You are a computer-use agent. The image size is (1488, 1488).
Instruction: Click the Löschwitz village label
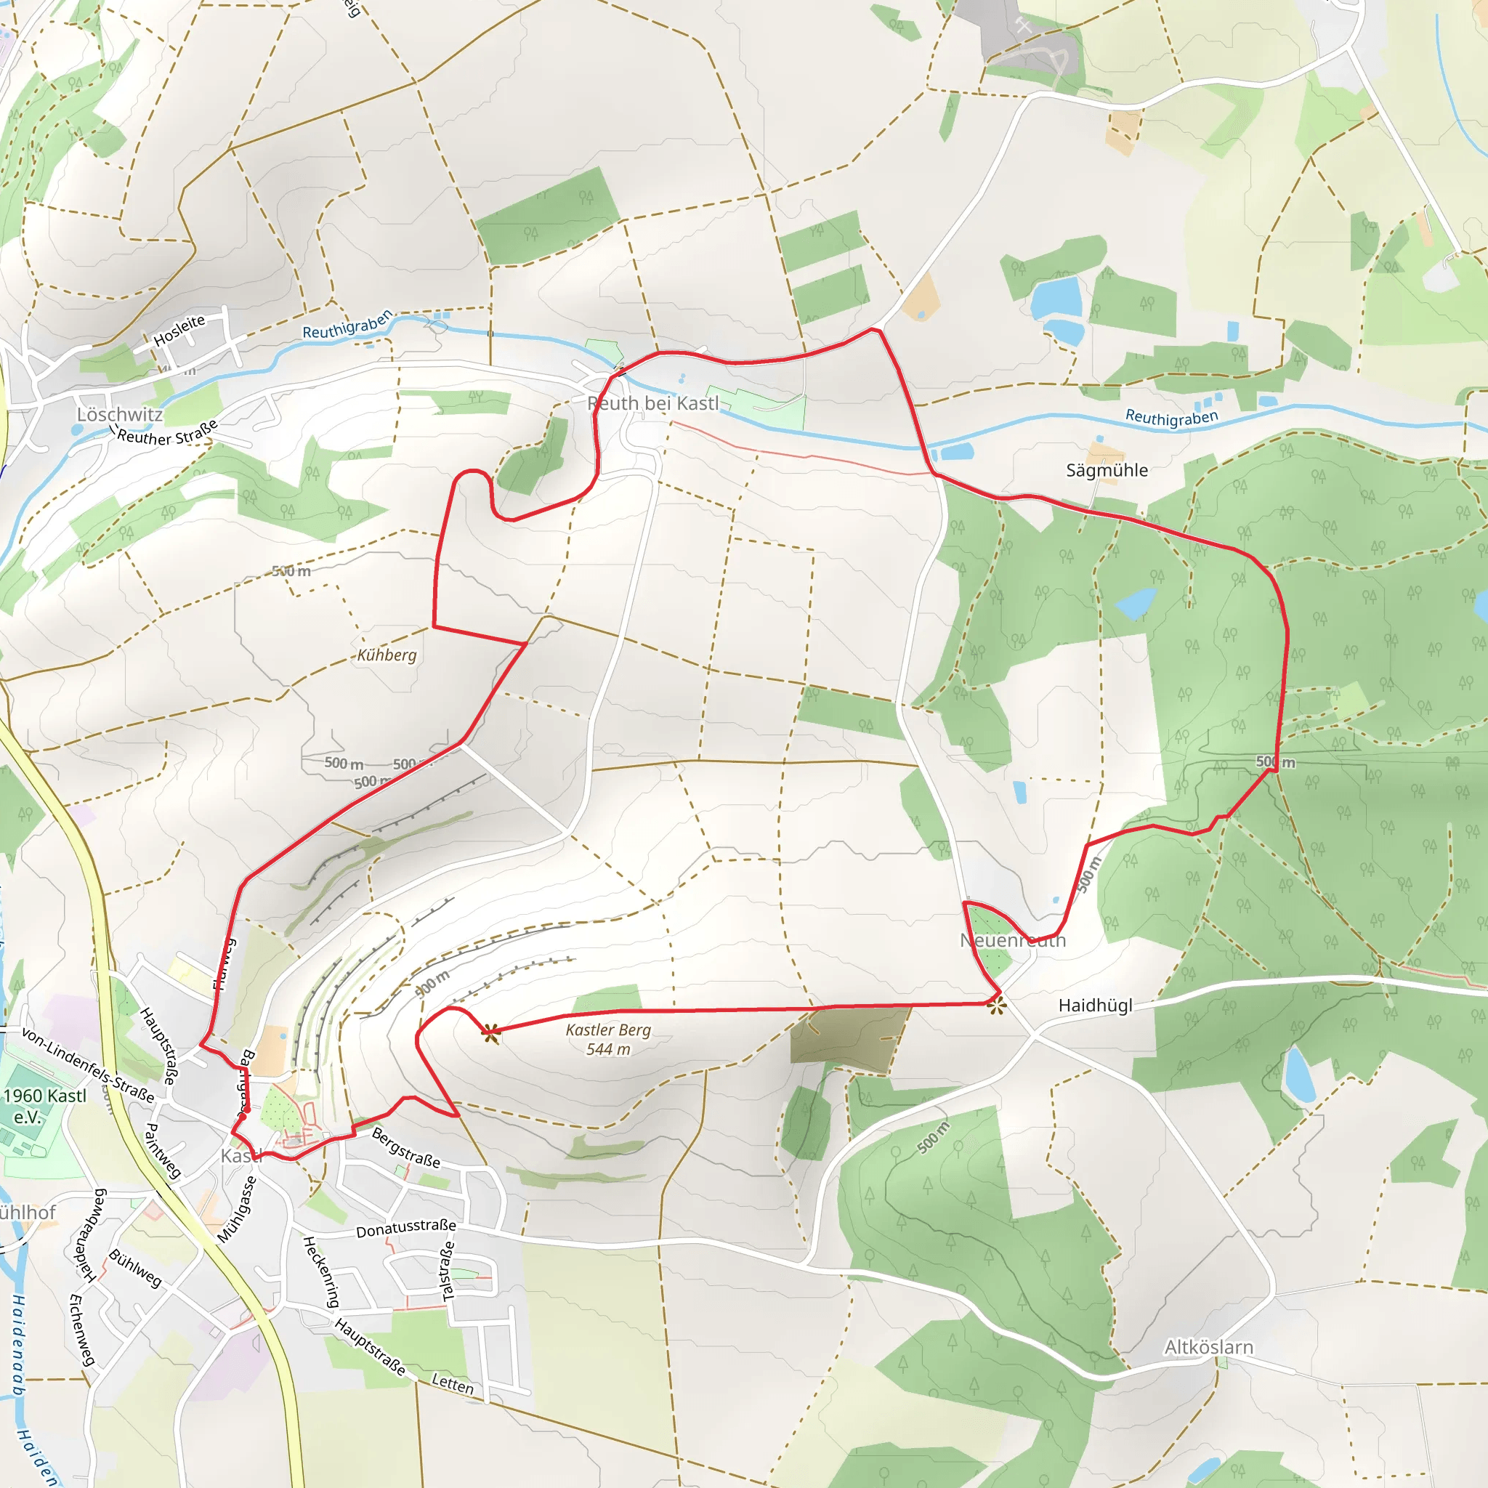(x=119, y=415)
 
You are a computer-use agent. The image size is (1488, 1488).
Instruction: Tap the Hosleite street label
(x=179, y=331)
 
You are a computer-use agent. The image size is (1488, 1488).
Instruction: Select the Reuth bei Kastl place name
(x=652, y=403)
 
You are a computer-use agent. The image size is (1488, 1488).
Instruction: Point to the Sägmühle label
(x=1106, y=471)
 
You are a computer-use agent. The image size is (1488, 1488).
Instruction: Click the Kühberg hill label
(x=387, y=655)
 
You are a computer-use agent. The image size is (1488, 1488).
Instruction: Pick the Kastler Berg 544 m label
(x=607, y=1039)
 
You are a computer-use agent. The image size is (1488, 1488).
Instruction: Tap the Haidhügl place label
(x=1095, y=1005)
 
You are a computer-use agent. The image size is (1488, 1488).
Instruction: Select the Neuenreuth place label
(x=1013, y=940)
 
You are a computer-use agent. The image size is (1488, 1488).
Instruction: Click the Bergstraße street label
(x=406, y=1147)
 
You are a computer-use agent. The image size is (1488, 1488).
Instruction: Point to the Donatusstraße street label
(x=406, y=1228)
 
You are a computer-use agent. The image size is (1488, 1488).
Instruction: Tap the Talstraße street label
(x=448, y=1271)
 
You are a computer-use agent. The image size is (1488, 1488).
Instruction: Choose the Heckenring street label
(x=320, y=1271)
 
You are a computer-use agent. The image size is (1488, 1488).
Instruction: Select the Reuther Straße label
(x=168, y=434)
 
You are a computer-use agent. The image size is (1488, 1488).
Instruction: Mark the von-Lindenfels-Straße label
(x=88, y=1064)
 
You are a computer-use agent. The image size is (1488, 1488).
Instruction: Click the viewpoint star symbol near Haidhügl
(x=997, y=1005)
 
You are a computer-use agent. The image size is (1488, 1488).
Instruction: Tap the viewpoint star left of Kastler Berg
(x=490, y=1035)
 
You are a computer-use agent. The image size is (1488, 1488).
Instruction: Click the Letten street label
(x=453, y=1383)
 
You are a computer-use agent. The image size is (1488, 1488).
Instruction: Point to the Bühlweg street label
(x=136, y=1268)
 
